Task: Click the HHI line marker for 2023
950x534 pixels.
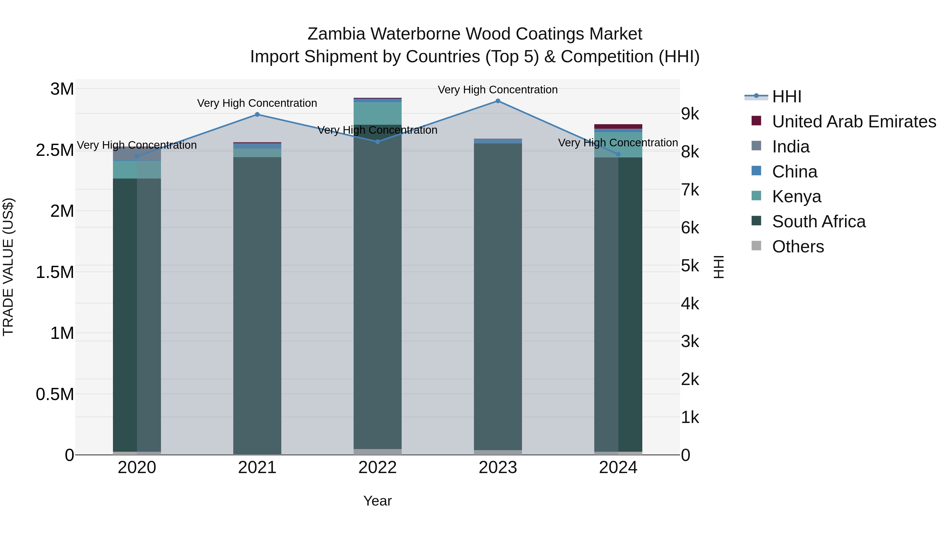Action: click(498, 101)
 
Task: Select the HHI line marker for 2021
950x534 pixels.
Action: click(257, 115)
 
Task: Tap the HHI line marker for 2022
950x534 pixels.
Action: click(378, 142)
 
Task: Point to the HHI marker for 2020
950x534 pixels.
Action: click(137, 156)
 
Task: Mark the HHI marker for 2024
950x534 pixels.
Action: click(619, 155)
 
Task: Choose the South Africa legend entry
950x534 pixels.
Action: click(819, 222)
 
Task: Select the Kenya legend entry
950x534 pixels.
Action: click(797, 196)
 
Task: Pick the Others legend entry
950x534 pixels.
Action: click(798, 247)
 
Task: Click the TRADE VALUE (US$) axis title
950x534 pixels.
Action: click(8, 267)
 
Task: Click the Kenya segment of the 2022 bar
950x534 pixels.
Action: click(378, 113)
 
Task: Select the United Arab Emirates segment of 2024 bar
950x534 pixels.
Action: click(619, 126)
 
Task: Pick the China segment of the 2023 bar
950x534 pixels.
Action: click(498, 141)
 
